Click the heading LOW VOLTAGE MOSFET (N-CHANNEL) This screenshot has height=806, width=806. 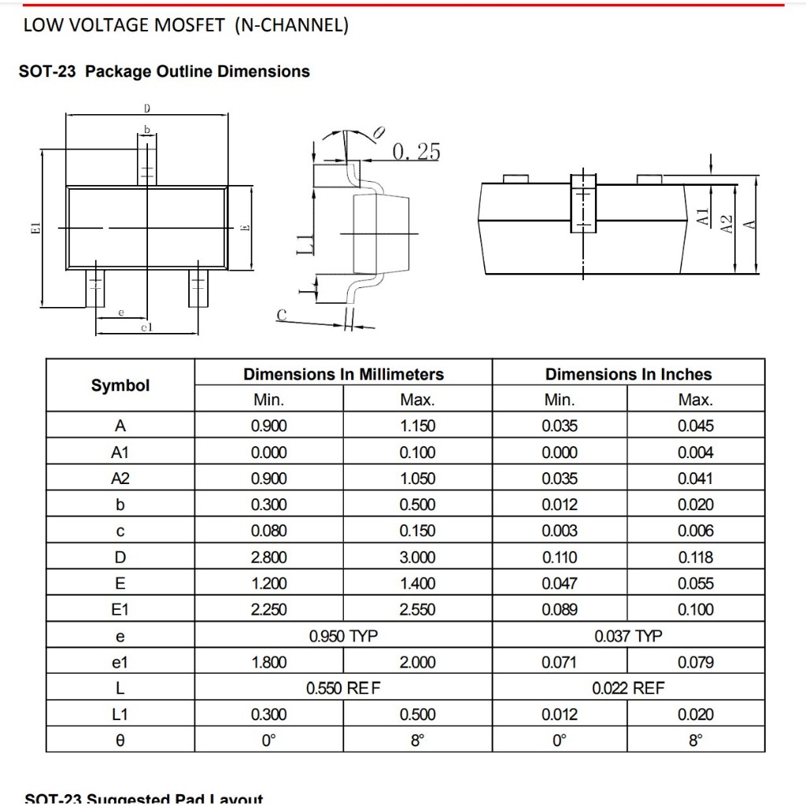(x=186, y=25)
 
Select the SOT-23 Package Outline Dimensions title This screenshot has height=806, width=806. (x=164, y=72)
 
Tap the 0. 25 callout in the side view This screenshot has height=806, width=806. (x=416, y=151)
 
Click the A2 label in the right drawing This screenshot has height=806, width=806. (x=727, y=224)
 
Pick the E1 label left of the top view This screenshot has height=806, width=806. (x=35, y=228)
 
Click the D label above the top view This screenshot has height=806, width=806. (x=146, y=109)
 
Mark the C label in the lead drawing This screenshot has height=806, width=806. (x=281, y=315)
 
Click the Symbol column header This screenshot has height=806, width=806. (x=120, y=386)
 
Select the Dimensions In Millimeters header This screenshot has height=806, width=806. (x=343, y=375)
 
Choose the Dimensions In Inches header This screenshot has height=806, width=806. (x=628, y=375)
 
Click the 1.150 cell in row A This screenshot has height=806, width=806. (x=417, y=427)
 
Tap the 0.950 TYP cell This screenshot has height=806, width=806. (x=343, y=636)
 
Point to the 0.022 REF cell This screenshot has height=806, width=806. (x=628, y=689)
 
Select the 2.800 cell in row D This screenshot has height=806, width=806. (x=268, y=557)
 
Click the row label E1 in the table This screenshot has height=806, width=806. (x=120, y=610)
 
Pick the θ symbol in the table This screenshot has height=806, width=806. (x=120, y=741)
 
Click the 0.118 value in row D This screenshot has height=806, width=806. (x=696, y=557)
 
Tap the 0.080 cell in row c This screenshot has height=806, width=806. (x=268, y=531)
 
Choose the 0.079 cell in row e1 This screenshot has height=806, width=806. (x=696, y=663)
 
